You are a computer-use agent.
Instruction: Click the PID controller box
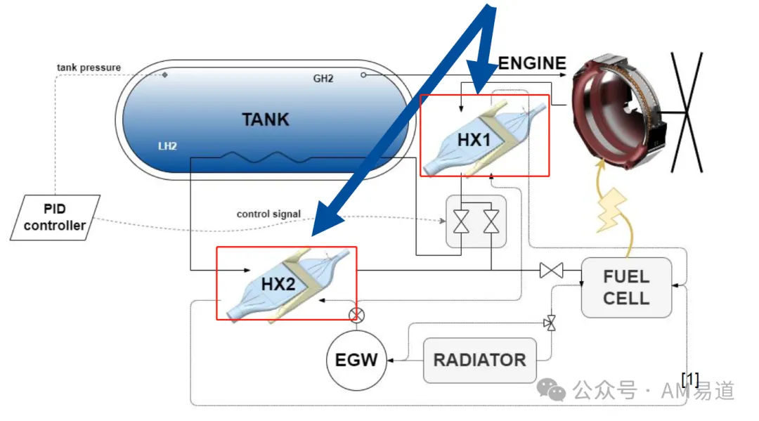(56, 217)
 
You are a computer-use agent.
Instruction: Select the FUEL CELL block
(626, 287)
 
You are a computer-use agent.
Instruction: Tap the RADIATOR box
(480, 360)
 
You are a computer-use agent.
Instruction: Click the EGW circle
(357, 360)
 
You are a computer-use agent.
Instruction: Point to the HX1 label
(474, 140)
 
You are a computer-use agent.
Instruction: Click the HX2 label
(278, 284)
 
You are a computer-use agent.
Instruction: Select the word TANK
(265, 119)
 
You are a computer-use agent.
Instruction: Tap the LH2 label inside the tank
(167, 146)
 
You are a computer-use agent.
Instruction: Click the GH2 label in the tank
(323, 79)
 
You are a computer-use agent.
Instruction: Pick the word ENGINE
(532, 63)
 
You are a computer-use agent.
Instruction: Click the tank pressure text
(89, 67)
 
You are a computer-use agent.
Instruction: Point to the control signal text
(268, 214)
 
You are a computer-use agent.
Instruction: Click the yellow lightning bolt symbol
(612, 210)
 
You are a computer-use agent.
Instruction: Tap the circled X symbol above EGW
(357, 315)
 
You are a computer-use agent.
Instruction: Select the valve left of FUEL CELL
(552, 270)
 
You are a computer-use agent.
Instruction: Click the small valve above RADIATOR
(550, 323)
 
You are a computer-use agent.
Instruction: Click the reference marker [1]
(690, 379)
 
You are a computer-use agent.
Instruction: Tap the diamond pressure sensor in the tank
(165, 75)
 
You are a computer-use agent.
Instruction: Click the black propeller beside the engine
(687, 112)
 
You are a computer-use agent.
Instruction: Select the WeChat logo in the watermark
(552, 389)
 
